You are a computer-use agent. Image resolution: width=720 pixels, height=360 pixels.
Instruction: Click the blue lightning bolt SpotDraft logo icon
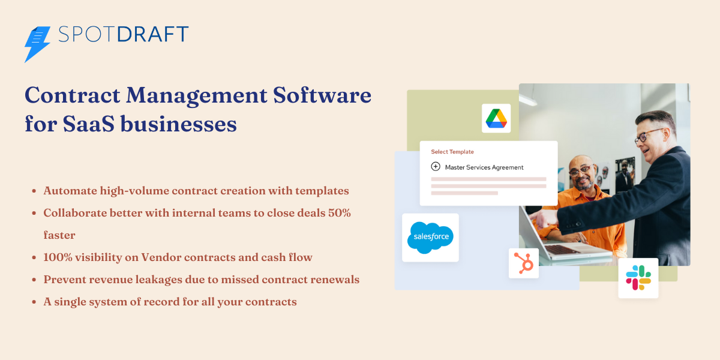click(37, 43)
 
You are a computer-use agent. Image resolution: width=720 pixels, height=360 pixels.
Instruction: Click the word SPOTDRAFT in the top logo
click(124, 34)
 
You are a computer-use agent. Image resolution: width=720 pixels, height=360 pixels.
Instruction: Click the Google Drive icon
click(496, 118)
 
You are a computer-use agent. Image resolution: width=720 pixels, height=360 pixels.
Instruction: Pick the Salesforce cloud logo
click(430, 237)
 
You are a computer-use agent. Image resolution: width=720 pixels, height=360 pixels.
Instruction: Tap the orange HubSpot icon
click(523, 263)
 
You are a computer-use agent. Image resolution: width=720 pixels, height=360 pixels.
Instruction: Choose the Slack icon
click(638, 278)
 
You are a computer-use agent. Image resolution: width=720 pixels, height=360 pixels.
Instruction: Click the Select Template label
click(452, 152)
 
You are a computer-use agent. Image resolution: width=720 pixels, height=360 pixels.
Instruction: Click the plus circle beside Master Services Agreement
click(436, 167)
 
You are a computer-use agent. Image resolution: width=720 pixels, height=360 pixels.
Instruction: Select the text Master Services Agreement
click(484, 167)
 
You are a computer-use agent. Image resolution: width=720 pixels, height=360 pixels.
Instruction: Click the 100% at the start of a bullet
click(58, 257)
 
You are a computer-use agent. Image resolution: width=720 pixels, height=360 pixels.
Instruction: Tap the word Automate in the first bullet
click(69, 191)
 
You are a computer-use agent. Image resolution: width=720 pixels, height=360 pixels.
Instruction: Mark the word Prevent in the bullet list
click(65, 280)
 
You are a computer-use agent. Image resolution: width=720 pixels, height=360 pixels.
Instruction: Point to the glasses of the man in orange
click(580, 171)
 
